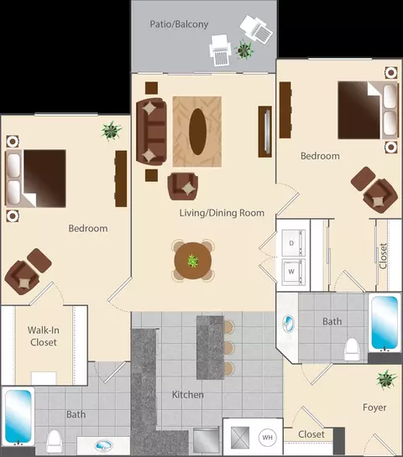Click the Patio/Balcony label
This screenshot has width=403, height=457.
coord(179,24)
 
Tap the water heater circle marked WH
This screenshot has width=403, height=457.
coord(267,437)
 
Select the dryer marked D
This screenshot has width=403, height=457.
coord(293,243)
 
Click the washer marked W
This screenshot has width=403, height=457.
coord(293,272)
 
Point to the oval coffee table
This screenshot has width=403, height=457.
coord(197,132)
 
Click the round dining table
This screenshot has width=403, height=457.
coord(192,261)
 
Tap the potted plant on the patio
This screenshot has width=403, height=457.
coord(244,49)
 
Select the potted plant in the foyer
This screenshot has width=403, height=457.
coord(386,379)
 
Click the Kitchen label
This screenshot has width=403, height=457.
coord(187,395)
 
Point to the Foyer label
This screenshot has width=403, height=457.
coord(374,408)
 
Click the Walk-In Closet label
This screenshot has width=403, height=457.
coord(44,336)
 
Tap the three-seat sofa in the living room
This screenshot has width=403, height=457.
coord(151,132)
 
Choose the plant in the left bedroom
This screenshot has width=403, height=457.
coord(111,131)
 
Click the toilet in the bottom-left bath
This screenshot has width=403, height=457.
coord(55,442)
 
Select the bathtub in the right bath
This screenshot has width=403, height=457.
coord(385,322)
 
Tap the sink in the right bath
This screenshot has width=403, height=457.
coord(288,324)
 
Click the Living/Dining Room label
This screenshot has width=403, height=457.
coord(222,213)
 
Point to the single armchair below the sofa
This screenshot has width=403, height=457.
coord(183,186)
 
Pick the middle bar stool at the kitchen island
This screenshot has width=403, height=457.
coord(229,347)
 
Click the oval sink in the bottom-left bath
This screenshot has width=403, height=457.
coord(103,445)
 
